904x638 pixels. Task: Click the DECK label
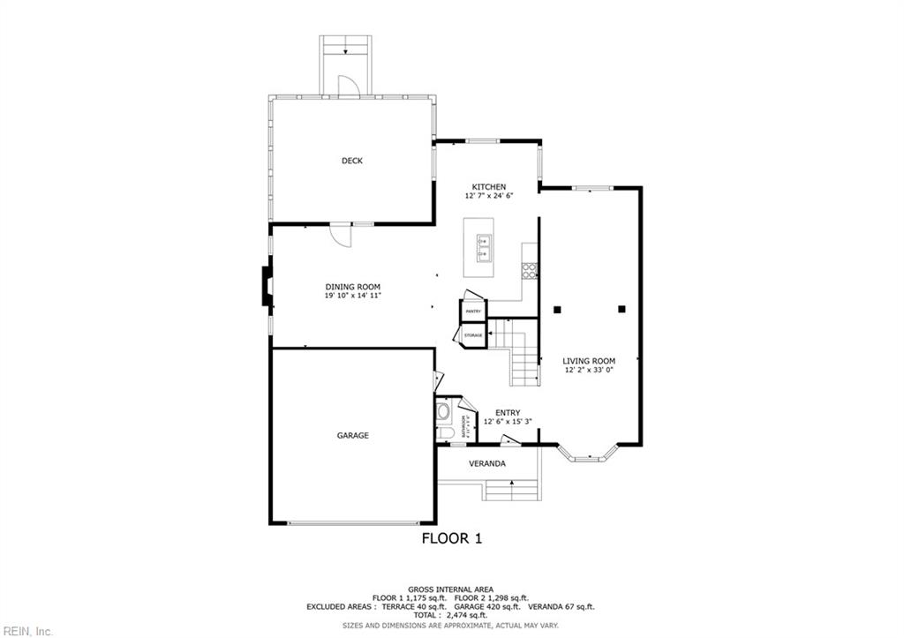tap(352, 161)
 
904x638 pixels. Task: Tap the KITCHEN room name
tap(488, 187)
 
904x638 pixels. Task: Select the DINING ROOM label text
tap(352, 287)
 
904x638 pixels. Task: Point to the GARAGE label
tap(352, 435)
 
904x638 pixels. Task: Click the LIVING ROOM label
tap(589, 361)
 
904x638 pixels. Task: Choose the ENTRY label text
tap(507, 412)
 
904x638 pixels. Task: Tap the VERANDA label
tap(486, 463)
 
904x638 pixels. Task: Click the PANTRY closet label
tap(473, 311)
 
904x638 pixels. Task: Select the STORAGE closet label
tap(473, 336)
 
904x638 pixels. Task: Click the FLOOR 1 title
tap(451, 537)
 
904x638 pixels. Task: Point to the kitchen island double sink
tap(485, 248)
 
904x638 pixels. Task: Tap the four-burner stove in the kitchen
tap(529, 271)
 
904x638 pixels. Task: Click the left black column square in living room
tap(557, 309)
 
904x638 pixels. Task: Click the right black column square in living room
tap(621, 309)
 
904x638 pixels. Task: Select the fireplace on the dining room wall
tap(266, 287)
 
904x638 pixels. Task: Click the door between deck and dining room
tap(339, 235)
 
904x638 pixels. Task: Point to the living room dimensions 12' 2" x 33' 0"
tap(589, 371)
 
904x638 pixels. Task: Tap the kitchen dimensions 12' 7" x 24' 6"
tap(488, 196)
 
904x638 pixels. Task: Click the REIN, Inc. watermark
tap(27, 630)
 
